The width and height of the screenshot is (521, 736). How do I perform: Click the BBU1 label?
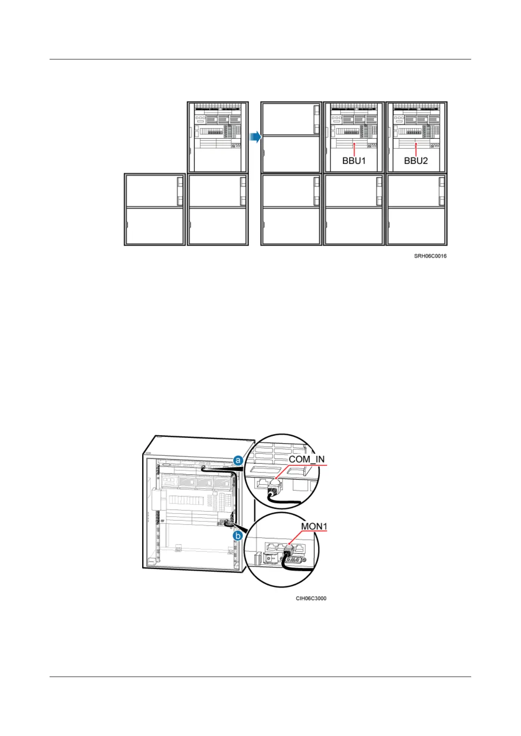(353, 160)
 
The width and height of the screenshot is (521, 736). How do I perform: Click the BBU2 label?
(416, 160)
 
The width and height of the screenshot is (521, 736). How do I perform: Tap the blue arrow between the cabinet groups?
(255, 137)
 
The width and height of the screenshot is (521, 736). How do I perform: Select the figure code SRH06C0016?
(430, 256)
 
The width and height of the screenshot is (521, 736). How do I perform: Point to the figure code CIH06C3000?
(311, 598)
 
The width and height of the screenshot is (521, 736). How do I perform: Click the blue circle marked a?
(238, 460)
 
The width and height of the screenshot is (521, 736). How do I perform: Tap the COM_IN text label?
(307, 459)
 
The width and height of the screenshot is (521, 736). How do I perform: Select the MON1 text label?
(314, 526)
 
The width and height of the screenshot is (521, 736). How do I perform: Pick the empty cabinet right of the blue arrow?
(291, 137)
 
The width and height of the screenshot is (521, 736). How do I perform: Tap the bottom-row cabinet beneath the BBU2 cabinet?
(416, 210)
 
